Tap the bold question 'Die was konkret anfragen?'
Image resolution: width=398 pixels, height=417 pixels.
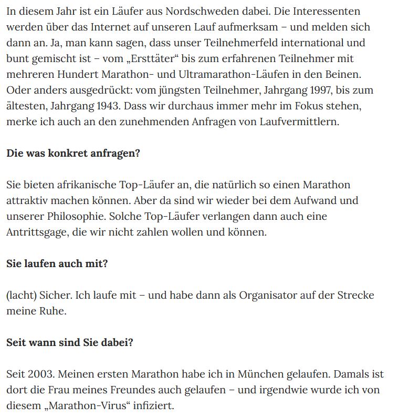74,154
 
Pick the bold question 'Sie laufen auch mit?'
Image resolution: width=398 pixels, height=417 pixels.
57,264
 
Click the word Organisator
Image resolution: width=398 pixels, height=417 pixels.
270,296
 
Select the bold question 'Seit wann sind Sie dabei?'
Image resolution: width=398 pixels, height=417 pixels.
70,343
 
